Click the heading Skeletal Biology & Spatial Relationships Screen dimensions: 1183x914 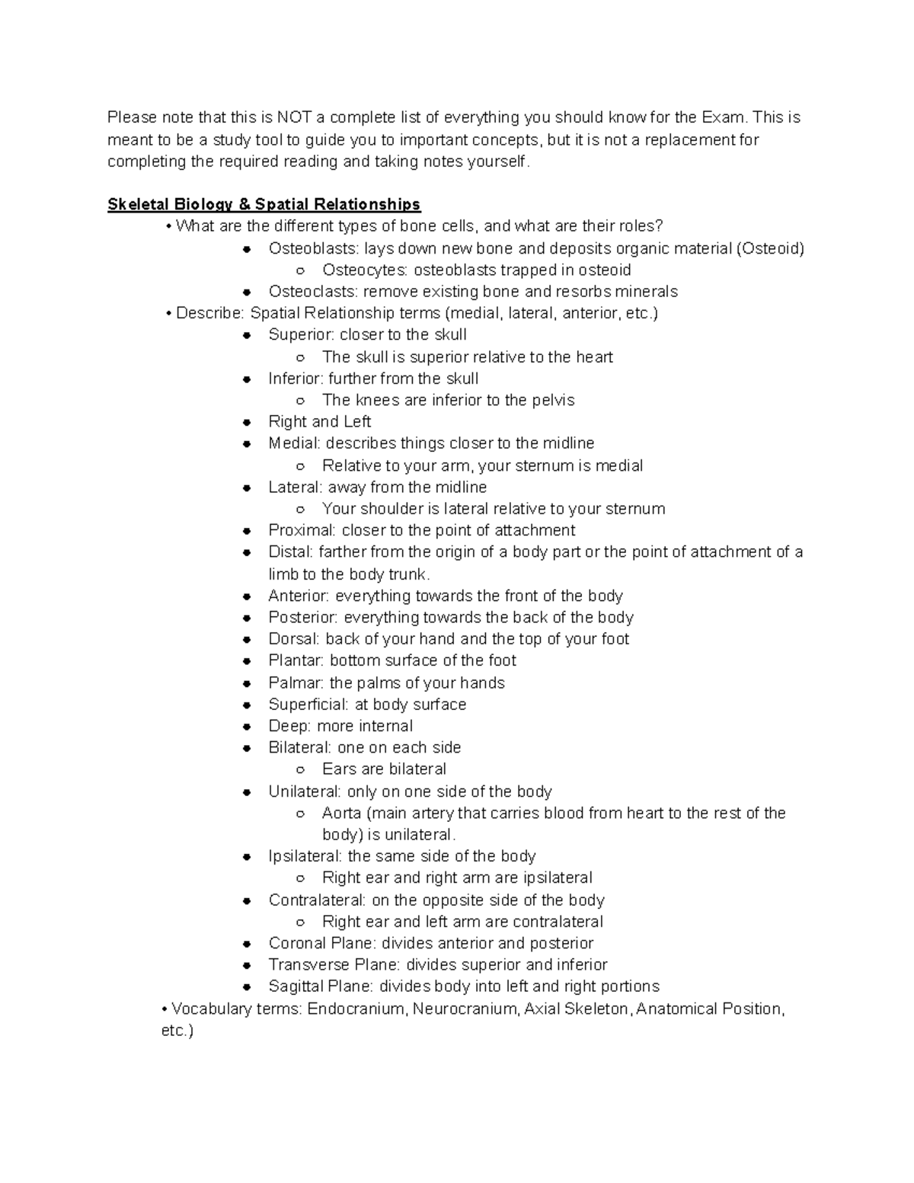(x=264, y=204)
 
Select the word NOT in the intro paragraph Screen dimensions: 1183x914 (x=293, y=117)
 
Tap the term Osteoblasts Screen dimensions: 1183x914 (x=313, y=248)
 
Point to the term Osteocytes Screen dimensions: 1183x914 (x=365, y=270)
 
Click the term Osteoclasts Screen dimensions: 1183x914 (x=312, y=292)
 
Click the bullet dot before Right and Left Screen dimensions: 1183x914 (x=247, y=422)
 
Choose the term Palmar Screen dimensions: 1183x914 (x=296, y=683)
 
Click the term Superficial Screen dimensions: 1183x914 (x=308, y=705)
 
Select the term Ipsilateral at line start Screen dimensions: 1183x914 (x=305, y=856)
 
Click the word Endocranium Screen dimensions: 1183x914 (x=356, y=1009)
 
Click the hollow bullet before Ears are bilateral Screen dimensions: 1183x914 (x=301, y=769)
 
